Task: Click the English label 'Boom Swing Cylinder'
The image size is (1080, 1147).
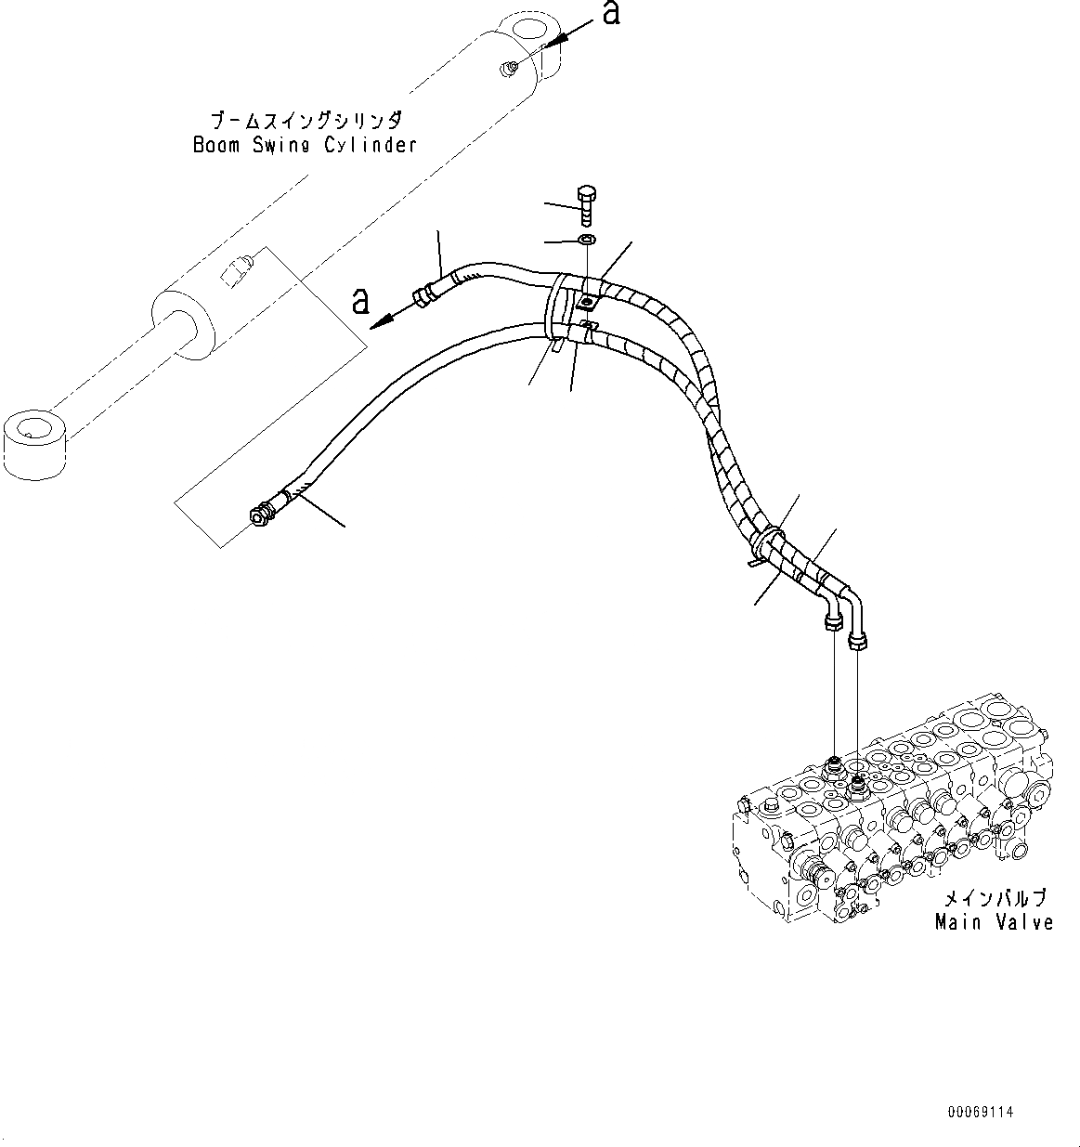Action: point(305,145)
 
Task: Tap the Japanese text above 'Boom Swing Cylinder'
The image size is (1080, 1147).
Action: point(305,122)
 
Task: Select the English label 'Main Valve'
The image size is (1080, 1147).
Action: point(994,922)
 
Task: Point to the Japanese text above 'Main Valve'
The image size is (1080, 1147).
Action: point(995,899)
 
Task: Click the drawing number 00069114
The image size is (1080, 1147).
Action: point(981,1111)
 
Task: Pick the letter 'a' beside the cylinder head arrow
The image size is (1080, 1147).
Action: point(610,14)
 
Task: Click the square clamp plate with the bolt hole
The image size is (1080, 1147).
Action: point(587,302)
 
